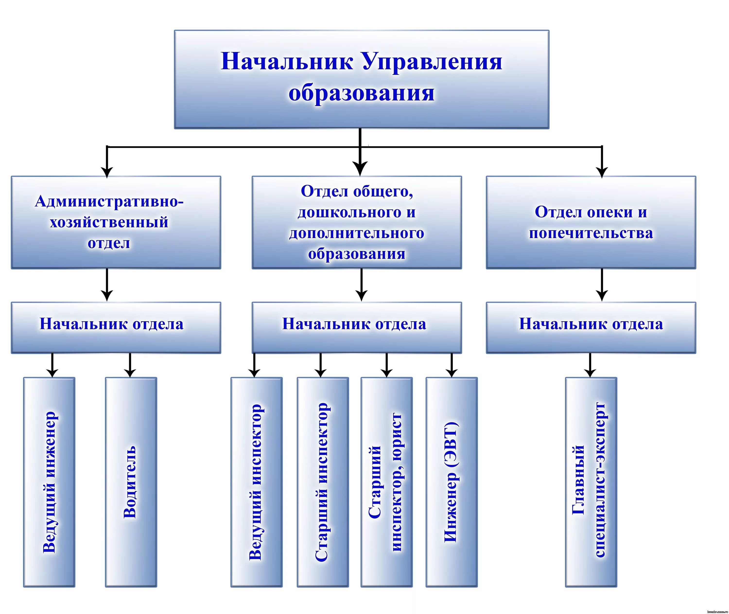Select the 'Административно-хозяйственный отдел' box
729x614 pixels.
pyautogui.click(x=116, y=222)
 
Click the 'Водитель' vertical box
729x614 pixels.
pyautogui.click(x=131, y=482)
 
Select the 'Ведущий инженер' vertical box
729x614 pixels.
pyautogui.click(x=49, y=482)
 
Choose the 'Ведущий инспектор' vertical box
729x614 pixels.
pyautogui.click(x=256, y=482)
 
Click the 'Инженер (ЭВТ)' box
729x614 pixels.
pyautogui.click(x=451, y=482)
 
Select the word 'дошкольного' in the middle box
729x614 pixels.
pyautogui.click(x=349, y=212)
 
